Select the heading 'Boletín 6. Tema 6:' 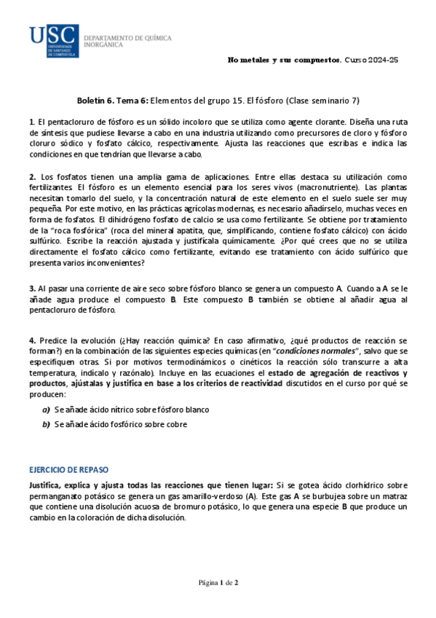113,101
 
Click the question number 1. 32,121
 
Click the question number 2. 33,177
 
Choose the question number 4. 33,340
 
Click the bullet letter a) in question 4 46,410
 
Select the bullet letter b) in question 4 46,424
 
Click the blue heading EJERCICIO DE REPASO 68,471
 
